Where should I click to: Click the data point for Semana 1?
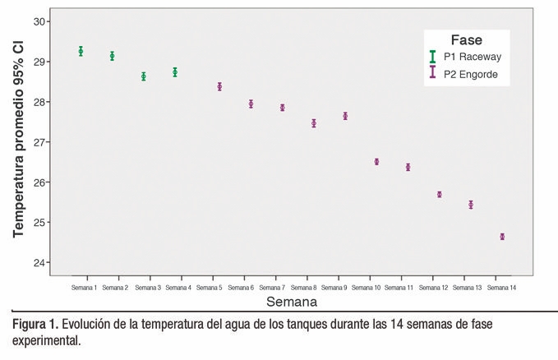pos(81,51)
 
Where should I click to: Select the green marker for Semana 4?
pos(175,72)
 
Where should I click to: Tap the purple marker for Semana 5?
pos(219,86)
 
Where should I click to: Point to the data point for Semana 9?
pos(345,116)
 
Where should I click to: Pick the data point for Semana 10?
pos(376,162)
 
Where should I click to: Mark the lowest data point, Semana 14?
pos(502,237)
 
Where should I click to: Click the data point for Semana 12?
pos(440,195)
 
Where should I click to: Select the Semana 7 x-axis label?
pos(271,288)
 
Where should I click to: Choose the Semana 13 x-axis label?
pos(468,288)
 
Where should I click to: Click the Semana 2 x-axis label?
pos(115,288)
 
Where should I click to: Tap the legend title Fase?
pos(466,39)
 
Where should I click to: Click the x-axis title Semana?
pos(292,233)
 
